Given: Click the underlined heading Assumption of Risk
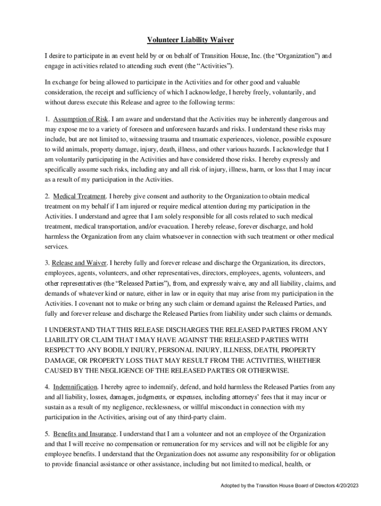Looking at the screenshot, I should point(81,119).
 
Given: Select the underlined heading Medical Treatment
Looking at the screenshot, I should point(79,196).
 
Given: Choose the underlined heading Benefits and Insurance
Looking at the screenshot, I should point(85,433).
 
